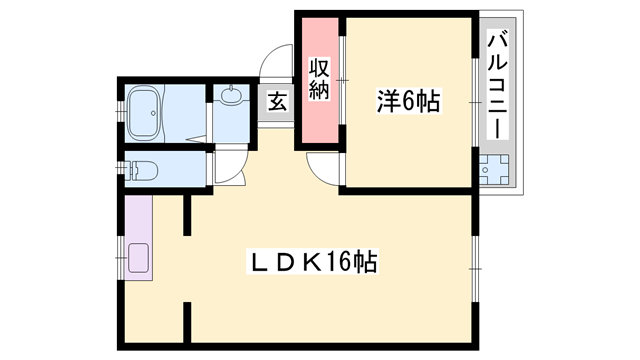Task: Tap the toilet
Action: [x=140, y=168]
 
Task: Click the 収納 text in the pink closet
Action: [x=319, y=79]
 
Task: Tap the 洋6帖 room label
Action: [x=409, y=101]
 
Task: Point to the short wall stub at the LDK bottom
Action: [x=187, y=319]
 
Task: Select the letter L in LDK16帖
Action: [x=258, y=264]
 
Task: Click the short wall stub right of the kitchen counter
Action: [x=187, y=216]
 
